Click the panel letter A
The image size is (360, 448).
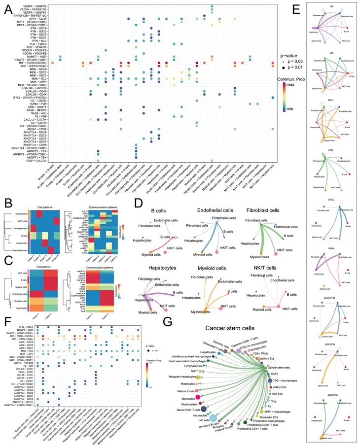(8, 10)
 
